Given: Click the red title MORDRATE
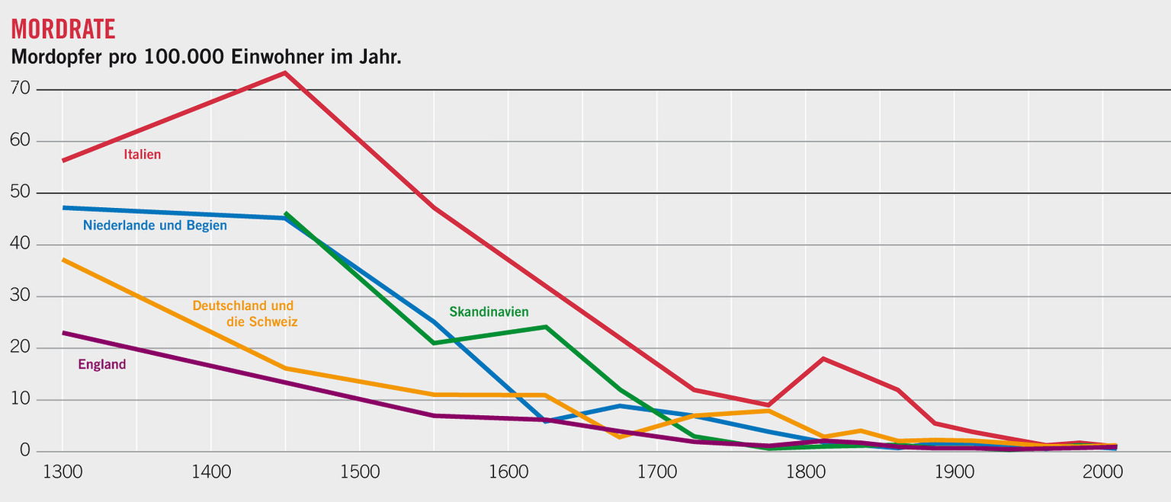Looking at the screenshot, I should coord(63,28).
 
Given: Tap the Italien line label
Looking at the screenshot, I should coord(143,155).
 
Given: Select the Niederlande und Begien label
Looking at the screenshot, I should coord(155,225).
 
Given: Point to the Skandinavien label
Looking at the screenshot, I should coord(489,312).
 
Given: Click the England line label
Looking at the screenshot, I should coord(102,365).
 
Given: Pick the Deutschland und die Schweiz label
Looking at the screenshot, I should coord(244,314).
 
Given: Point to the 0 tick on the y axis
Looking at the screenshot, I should coord(25,451).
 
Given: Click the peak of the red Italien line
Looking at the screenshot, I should coord(284,73).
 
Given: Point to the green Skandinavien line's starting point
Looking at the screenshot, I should coord(285,214).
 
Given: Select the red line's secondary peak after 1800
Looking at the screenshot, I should coord(823,358).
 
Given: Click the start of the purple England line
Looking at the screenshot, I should coord(63,333).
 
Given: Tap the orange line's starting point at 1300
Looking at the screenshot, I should coord(63,260).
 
